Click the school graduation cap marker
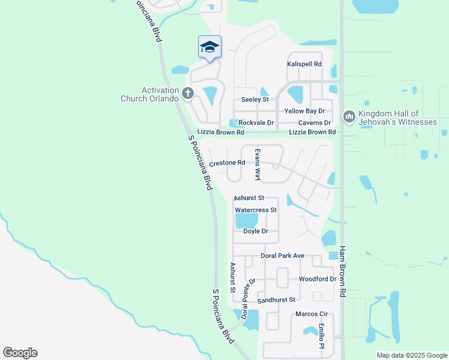209,47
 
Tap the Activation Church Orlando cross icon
188,93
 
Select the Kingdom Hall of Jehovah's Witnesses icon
349,116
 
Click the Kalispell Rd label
304,64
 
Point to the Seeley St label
255,100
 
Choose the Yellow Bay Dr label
304,112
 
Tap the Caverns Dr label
315,123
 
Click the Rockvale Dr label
256,123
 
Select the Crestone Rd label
227,163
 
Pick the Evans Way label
258,165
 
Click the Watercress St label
256,210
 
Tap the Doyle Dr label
256,231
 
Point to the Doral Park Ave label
283,256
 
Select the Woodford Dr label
318,280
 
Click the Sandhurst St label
277,299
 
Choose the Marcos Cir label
311,314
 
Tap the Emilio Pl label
322,336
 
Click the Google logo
20,353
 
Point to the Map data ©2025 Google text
411,355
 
